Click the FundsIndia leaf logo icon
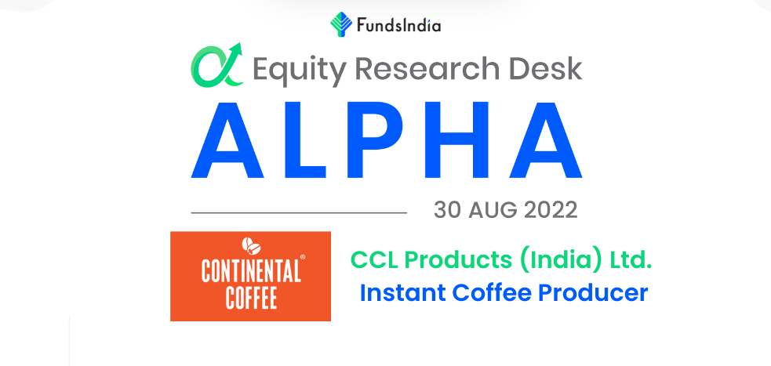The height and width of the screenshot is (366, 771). coord(341,24)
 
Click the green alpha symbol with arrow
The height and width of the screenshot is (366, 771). coord(216,65)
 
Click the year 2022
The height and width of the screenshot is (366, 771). coord(551,211)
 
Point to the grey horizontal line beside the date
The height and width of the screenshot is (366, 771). coord(299,212)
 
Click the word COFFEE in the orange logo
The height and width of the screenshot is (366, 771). coord(251,298)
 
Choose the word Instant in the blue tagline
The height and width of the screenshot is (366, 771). coord(403,293)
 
